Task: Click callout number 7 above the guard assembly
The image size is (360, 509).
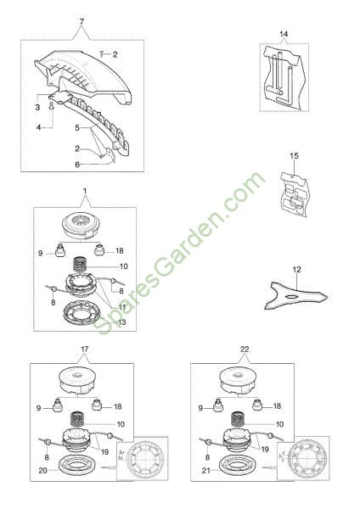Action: click(82, 22)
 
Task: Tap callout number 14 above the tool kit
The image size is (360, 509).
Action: click(284, 34)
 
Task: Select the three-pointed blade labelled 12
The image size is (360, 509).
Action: click(295, 295)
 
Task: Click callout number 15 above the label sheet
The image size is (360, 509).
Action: click(294, 156)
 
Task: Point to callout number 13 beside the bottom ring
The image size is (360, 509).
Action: click(122, 322)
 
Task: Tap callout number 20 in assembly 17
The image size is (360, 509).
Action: click(43, 470)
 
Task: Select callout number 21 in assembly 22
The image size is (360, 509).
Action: click(206, 470)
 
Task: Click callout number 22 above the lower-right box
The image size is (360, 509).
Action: click(245, 350)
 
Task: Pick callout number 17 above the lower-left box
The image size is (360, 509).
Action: click(84, 350)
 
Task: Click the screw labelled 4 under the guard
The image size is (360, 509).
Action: click(52, 106)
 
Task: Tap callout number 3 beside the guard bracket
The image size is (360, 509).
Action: click(37, 107)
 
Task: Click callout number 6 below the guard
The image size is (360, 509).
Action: click(77, 165)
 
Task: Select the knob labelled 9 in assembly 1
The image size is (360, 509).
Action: click(59, 251)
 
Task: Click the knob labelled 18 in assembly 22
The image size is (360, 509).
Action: click(257, 405)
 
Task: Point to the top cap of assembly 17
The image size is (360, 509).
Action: click(78, 381)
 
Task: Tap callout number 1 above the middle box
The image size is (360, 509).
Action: click(85, 191)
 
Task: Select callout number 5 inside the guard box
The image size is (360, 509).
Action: click(77, 127)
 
